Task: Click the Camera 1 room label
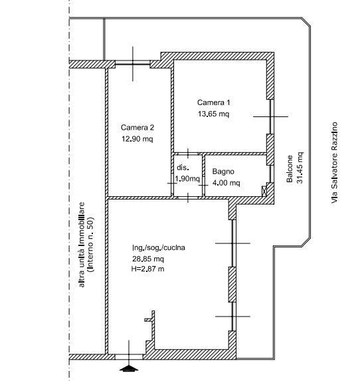(x=214, y=102)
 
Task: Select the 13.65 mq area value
(x=213, y=114)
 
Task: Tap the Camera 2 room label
(x=137, y=128)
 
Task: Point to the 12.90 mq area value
(x=137, y=139)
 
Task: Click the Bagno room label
(x=223, y=172)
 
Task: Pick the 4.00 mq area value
(x=226, y=184)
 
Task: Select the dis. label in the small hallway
(x=183, y=168)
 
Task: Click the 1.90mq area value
(x=187, y=179)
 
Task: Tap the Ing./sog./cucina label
(x=159, y=248)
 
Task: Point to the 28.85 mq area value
(x=148, y=259)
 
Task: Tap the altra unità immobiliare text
(x=82, y=244)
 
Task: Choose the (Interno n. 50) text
(x=92, y=244)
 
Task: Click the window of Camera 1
(x=270, y=116)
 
